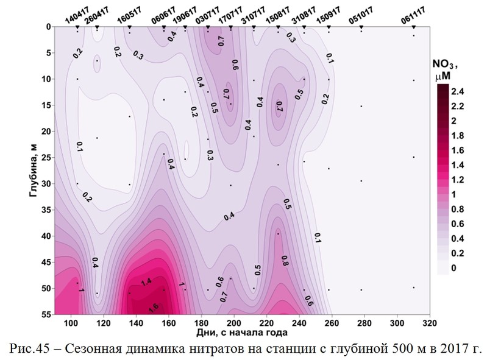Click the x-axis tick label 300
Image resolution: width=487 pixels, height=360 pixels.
pyautogui.click(x=397, y=322)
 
